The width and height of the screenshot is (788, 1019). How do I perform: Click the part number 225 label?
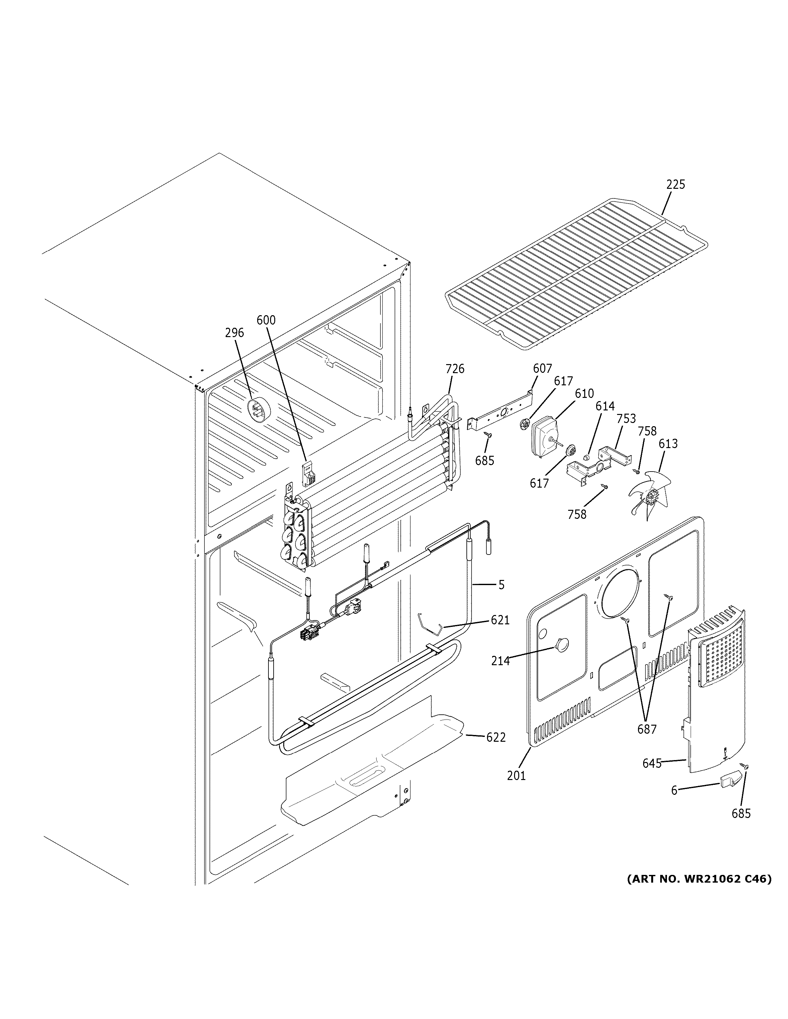pos(675,185)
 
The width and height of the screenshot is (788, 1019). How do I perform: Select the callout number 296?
pos(234,333)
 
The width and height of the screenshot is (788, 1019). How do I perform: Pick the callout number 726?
pos(455,369)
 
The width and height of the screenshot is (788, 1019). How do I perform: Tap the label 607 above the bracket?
pos(542,369)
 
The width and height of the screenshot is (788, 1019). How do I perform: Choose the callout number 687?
pos(647,729)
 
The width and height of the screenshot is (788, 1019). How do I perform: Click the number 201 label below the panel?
pos(516,776)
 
